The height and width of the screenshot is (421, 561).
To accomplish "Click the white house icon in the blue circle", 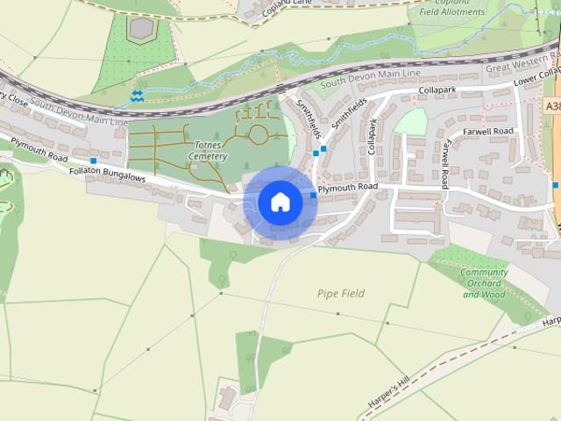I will pyautogui.click(x=280, y=203).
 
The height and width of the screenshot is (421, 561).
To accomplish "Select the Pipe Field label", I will pyautogui.click(x=341, y=293).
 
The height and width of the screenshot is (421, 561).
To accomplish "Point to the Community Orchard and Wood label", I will pyautogui.click(x=484, y=283).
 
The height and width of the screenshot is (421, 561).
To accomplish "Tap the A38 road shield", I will pyautogui.click(x=552, y=106).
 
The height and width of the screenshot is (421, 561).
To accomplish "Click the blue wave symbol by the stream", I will pyautogui.click(x=138, y=94).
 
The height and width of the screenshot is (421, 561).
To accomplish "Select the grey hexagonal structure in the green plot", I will pyautogui.click(x=139, y=28).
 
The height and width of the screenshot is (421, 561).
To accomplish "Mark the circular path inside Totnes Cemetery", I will pyautogui.click(x=259, y=135).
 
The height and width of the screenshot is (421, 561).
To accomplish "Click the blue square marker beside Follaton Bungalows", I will pyautogui.click(x=93, y=161).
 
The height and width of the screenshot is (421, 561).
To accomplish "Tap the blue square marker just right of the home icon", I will pyautogui.click(x=313, y=195).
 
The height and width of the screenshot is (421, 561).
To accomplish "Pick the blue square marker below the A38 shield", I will pyautogui.click(x=556, y=185).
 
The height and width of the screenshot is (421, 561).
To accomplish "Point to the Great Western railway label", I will pyautogui.click(x=522, y=67).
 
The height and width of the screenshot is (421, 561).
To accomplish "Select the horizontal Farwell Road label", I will pyautogui.click(x=489, y=132).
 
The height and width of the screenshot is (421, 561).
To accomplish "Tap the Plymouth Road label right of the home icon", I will pyautogui.click(x=348, y=188).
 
